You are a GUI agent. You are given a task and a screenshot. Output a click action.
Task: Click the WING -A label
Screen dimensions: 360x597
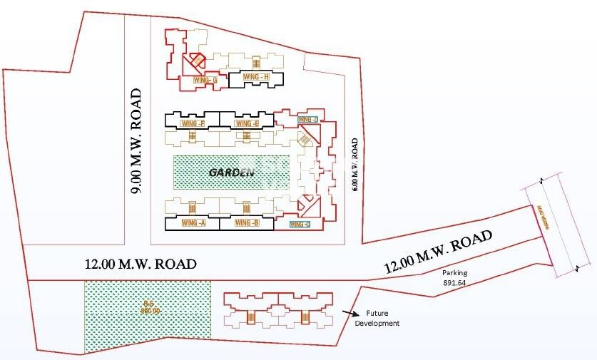click(194, 223)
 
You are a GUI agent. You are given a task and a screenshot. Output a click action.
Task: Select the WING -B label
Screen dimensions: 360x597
click(246, 223)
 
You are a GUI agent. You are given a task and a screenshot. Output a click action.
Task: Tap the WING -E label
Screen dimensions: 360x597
click(246, 123)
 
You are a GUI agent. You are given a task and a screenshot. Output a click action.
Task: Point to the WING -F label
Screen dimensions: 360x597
click(194, 123)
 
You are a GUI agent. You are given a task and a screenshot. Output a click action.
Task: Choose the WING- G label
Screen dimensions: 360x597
click(205, 80)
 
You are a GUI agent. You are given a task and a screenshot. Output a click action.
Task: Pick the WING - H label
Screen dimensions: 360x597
click(255, 77)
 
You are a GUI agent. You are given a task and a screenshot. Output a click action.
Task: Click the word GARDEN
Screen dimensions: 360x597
click(232, 173)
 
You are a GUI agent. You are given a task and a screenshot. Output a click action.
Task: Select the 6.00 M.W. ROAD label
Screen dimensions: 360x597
click(354, 165)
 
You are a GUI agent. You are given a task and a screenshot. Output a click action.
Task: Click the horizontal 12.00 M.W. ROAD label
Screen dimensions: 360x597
click(140, 264)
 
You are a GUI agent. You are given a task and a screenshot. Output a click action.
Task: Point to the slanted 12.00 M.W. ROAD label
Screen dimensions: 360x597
click(439, 252)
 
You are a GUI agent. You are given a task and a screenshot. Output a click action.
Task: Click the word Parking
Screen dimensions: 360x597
click(454, 272)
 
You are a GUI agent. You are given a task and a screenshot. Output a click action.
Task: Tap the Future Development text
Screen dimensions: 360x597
click(382, 318)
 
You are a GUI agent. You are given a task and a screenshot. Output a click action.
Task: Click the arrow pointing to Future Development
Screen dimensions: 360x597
click(350, 312)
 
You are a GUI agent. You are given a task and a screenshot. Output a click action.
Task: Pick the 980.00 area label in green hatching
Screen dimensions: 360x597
click(149, 309)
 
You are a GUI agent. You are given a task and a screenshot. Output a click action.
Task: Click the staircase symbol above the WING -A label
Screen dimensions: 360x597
click(192, 207)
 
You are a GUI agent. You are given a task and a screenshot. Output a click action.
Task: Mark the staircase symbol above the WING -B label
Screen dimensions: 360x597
click(246, 208)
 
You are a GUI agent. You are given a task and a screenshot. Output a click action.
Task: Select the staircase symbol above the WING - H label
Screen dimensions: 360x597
click(255, 64)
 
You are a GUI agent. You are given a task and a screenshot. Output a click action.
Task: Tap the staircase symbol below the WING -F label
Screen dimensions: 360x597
click(192, 135)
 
